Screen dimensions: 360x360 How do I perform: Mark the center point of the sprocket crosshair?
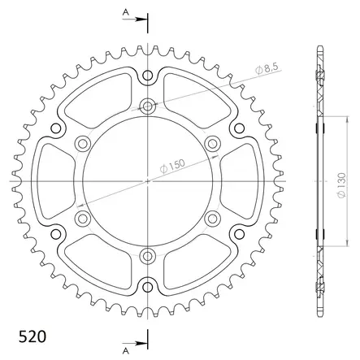pos(147,180)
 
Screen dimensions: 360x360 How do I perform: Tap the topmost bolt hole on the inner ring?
pos(147,106)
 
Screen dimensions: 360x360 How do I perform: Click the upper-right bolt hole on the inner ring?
pos(212,144)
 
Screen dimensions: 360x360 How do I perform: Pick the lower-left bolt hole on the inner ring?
pos(82,218)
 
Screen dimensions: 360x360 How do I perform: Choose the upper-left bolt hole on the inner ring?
pos(82,144)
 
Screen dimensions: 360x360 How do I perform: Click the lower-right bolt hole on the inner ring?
pos(212,218)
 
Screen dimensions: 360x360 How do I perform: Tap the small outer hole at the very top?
pos(147,77)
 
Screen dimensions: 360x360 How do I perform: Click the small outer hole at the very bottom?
pos(147,284)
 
